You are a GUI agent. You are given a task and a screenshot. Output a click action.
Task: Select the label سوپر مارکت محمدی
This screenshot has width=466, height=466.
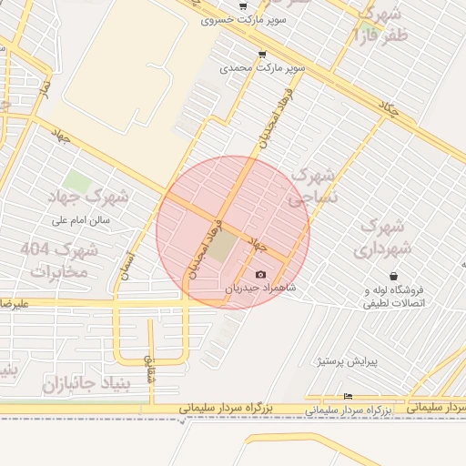pos(262,68)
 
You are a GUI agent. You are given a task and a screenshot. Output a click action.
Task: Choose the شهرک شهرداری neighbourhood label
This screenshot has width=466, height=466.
pos(385,237)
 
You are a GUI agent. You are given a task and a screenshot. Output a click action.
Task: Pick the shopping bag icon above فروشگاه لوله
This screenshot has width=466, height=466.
pos(393,276)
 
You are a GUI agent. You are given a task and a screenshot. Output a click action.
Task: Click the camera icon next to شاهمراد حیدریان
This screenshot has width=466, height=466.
pos(261,275)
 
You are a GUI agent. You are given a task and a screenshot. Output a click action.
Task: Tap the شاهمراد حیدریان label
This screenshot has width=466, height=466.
pos(262,288)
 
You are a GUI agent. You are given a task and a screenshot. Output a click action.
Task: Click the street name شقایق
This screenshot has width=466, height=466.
pos(150,367)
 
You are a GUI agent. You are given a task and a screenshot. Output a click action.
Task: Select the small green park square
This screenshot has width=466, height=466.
pos(77,182)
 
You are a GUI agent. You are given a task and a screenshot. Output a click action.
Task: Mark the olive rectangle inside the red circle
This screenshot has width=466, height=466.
pos(223,248)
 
